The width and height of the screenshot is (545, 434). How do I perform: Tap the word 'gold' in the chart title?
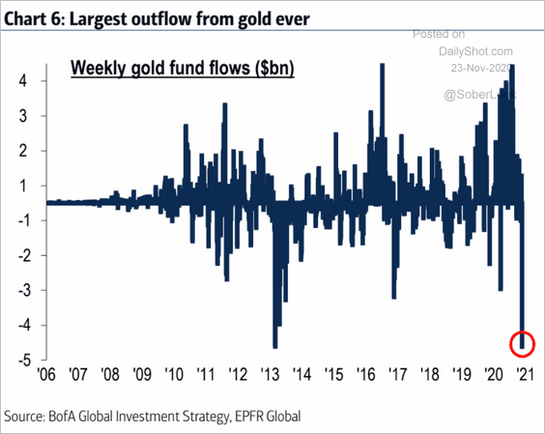pyautogui.click(x=255, y=14)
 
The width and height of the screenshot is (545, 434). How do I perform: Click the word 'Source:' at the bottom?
pyautogui.click(x=31, y=416)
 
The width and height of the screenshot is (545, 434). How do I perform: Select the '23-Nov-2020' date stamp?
pyautogui.click(x=477, y=68)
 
